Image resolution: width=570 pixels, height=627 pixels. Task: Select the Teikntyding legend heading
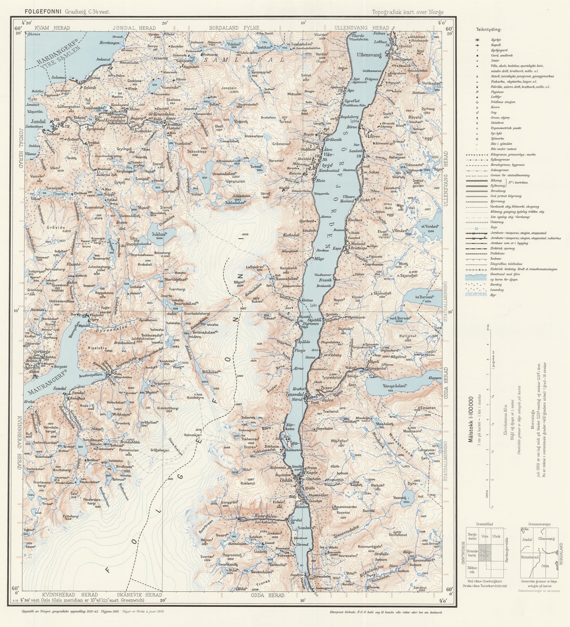pyautogui.click(x=488, y=29)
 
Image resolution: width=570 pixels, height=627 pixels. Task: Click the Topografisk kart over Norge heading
pyautogui.click(x=407, y=12)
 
